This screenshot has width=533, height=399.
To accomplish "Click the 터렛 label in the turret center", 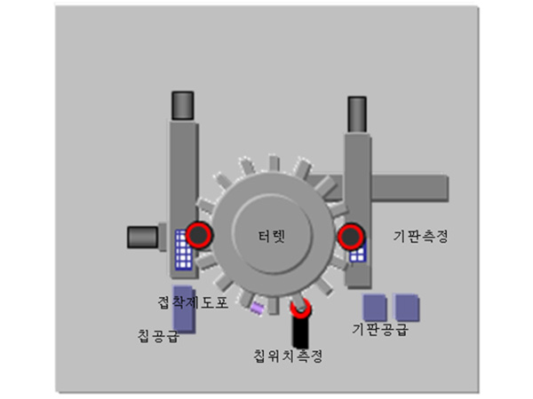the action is pos(271,236).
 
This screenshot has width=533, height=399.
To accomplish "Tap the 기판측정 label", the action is pos(420,236).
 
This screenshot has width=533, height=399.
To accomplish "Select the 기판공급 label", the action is pos(380,329).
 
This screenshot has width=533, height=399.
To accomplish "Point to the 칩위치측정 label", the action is pos(288,356).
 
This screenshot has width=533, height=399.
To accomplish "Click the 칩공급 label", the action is pos(158,336).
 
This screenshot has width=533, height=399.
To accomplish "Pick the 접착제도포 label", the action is pos(193,302).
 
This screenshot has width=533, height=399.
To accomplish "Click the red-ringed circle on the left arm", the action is pos(199,235).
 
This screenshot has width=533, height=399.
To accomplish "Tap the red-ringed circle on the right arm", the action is pos(351,237).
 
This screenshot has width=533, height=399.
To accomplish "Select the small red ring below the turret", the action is pos(300,308).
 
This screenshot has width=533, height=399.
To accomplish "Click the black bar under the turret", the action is pos(300,331).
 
